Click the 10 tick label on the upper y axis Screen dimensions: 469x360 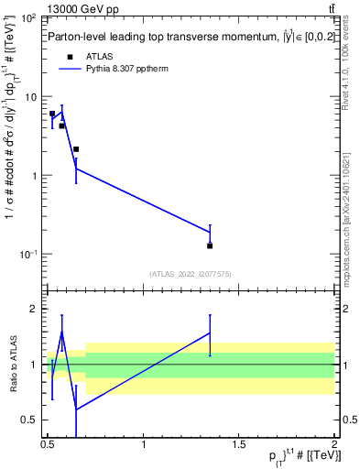pos(30,97)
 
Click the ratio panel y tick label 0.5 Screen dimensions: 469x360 pos(29,420)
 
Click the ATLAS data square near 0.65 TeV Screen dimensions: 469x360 pos(76,148)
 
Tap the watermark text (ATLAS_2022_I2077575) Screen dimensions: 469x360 pos(189,273)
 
